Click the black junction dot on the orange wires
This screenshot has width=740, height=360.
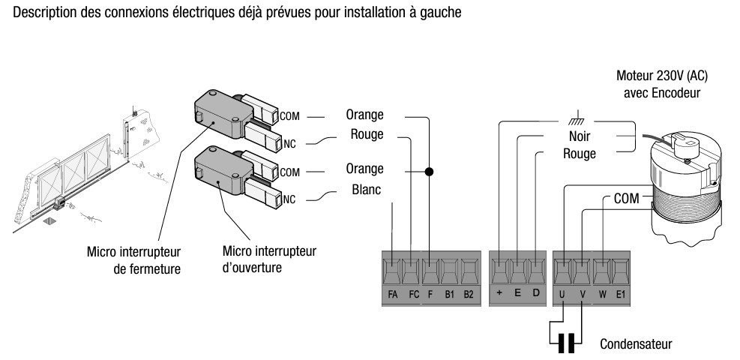[x=430, y=172]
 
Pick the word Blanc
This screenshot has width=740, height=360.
[x=365, y=190]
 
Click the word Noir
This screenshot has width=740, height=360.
[x=578, y=137]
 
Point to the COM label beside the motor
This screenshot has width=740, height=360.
[x=626, y=199]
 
